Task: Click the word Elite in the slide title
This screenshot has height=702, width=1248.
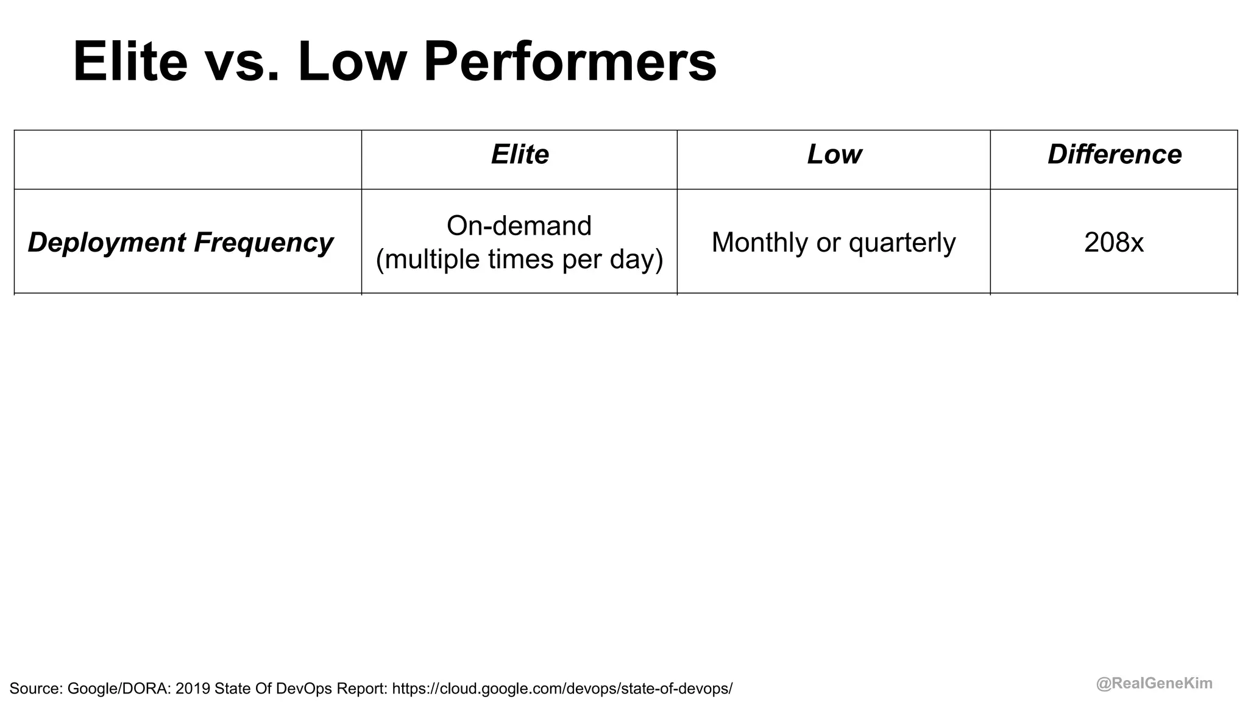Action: tap(130, 62)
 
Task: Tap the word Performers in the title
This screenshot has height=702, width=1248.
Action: tap(570, 62)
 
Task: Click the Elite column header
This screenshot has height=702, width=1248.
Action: tap(520, 155)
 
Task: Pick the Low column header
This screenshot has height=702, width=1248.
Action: tap(834, 155)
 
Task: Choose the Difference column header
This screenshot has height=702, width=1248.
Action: tap(1115, 155)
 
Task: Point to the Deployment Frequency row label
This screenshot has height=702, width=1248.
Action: tap(180, 243)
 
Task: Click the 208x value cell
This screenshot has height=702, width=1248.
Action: tap(1114, 243)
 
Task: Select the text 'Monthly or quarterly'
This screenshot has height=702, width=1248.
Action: tap(834, 243)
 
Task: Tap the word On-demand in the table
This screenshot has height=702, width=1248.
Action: tap(519, 226)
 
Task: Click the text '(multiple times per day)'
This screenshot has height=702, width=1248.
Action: tap(519, 259)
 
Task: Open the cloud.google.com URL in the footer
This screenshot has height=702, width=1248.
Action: tap(562, 689)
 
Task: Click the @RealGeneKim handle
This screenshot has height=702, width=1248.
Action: tap(1154, 684)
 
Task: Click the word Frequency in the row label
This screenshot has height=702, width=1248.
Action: tap(263, 243)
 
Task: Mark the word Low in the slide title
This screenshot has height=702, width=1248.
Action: tap(352, 62)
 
